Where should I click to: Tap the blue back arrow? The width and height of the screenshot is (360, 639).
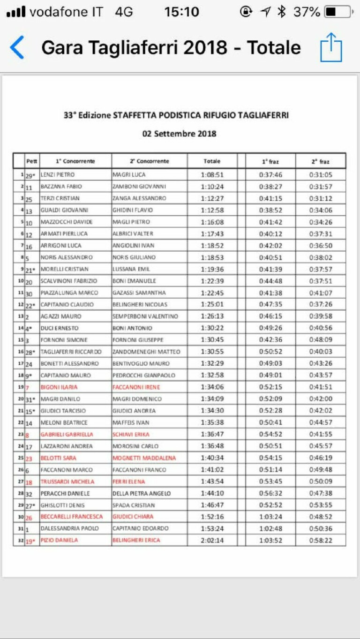point(17,48)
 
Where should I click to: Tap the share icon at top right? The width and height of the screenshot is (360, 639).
point(331,47)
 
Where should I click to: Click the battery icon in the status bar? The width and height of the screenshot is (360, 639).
point(337,12)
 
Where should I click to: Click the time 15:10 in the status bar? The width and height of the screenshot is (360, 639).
point(181,12)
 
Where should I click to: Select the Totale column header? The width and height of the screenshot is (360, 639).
point(212,161)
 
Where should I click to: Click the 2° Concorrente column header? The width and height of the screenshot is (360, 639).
point(150,161)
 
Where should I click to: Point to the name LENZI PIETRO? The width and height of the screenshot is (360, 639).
point(54,175)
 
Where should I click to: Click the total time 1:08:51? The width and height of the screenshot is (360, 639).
point(212,175)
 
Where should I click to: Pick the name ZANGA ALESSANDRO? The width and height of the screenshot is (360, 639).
point(139,198)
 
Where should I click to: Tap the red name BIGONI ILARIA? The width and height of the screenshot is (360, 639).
point(59,387)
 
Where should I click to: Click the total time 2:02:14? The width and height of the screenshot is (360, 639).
point(212,540)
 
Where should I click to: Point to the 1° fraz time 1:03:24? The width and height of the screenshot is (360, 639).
point(270,517)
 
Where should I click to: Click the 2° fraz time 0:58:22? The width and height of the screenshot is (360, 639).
point(321,540)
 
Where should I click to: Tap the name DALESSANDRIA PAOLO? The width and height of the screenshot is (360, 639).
point(69,528)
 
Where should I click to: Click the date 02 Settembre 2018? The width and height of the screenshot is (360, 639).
point(180,134)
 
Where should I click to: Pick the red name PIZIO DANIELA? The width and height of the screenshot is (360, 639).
point(59,540)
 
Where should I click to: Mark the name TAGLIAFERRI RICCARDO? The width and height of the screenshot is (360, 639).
point(70,352)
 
